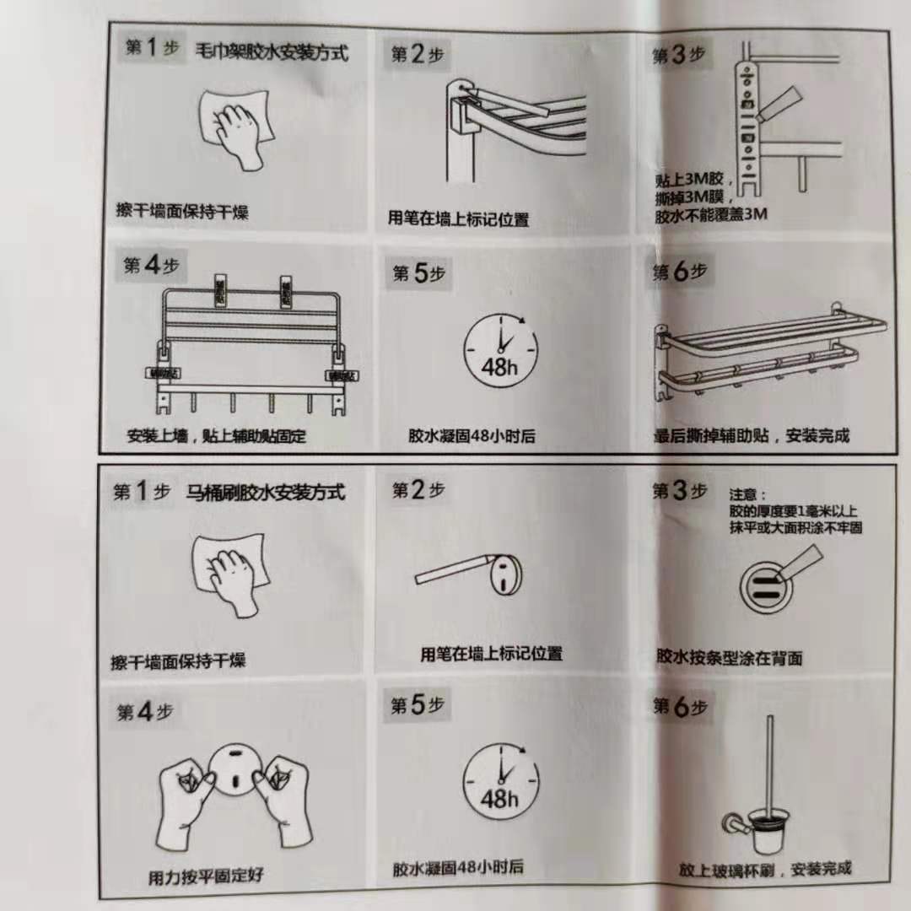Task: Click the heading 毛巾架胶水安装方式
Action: point(272,52)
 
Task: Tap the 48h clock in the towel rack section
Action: point(500,349)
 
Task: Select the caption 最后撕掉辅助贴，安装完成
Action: point(752,436)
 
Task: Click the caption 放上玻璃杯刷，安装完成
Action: point(765,869)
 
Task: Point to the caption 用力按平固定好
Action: point(206,876)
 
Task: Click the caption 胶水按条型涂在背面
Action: point(729,658)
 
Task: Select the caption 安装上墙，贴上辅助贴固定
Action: point(216,437)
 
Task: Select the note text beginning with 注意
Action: point(795,511)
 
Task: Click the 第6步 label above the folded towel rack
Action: point(680,272)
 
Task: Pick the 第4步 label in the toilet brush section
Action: point(145,712)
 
